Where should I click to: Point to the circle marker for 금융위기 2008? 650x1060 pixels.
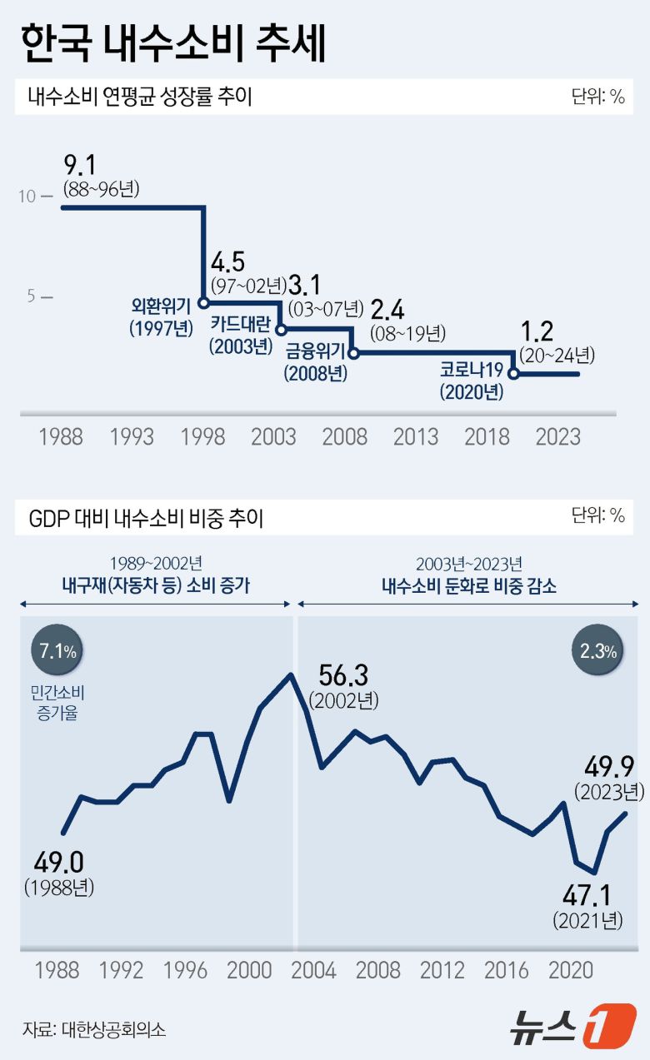(353, 353)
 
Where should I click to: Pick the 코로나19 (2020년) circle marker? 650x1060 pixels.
(513, 374)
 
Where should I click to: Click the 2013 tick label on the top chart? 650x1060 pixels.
(416, 436)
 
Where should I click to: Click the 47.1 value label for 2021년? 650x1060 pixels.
(587, 895)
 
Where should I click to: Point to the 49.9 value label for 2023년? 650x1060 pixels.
(609, 764)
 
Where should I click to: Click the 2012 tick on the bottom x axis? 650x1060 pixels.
(442, 970)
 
